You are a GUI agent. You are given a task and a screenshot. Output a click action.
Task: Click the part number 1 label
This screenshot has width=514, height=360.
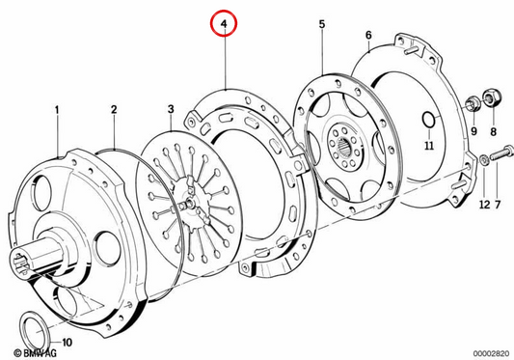[x=57, y=110]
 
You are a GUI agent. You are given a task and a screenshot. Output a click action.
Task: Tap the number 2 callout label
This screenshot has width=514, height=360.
[x=114, y=110]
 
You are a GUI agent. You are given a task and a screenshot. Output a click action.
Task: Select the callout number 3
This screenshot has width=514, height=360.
[x=171, y=110]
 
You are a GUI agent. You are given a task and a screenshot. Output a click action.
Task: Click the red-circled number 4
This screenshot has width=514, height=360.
[x=224, y=23]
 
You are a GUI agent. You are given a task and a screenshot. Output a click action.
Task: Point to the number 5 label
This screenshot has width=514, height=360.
[x=322, y=24]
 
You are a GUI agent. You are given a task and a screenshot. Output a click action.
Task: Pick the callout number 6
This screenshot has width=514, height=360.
[x=368, y=35]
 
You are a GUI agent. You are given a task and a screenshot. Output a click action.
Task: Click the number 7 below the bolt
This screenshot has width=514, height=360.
[x=498, y=205]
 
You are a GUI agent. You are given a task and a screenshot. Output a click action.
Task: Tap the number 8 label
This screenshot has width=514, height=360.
[x=494, y=132]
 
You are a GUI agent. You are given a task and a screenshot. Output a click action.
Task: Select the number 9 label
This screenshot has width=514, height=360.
[x=474, y=131]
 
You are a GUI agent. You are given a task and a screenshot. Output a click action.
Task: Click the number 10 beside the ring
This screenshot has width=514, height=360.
[x=67, y=343]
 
